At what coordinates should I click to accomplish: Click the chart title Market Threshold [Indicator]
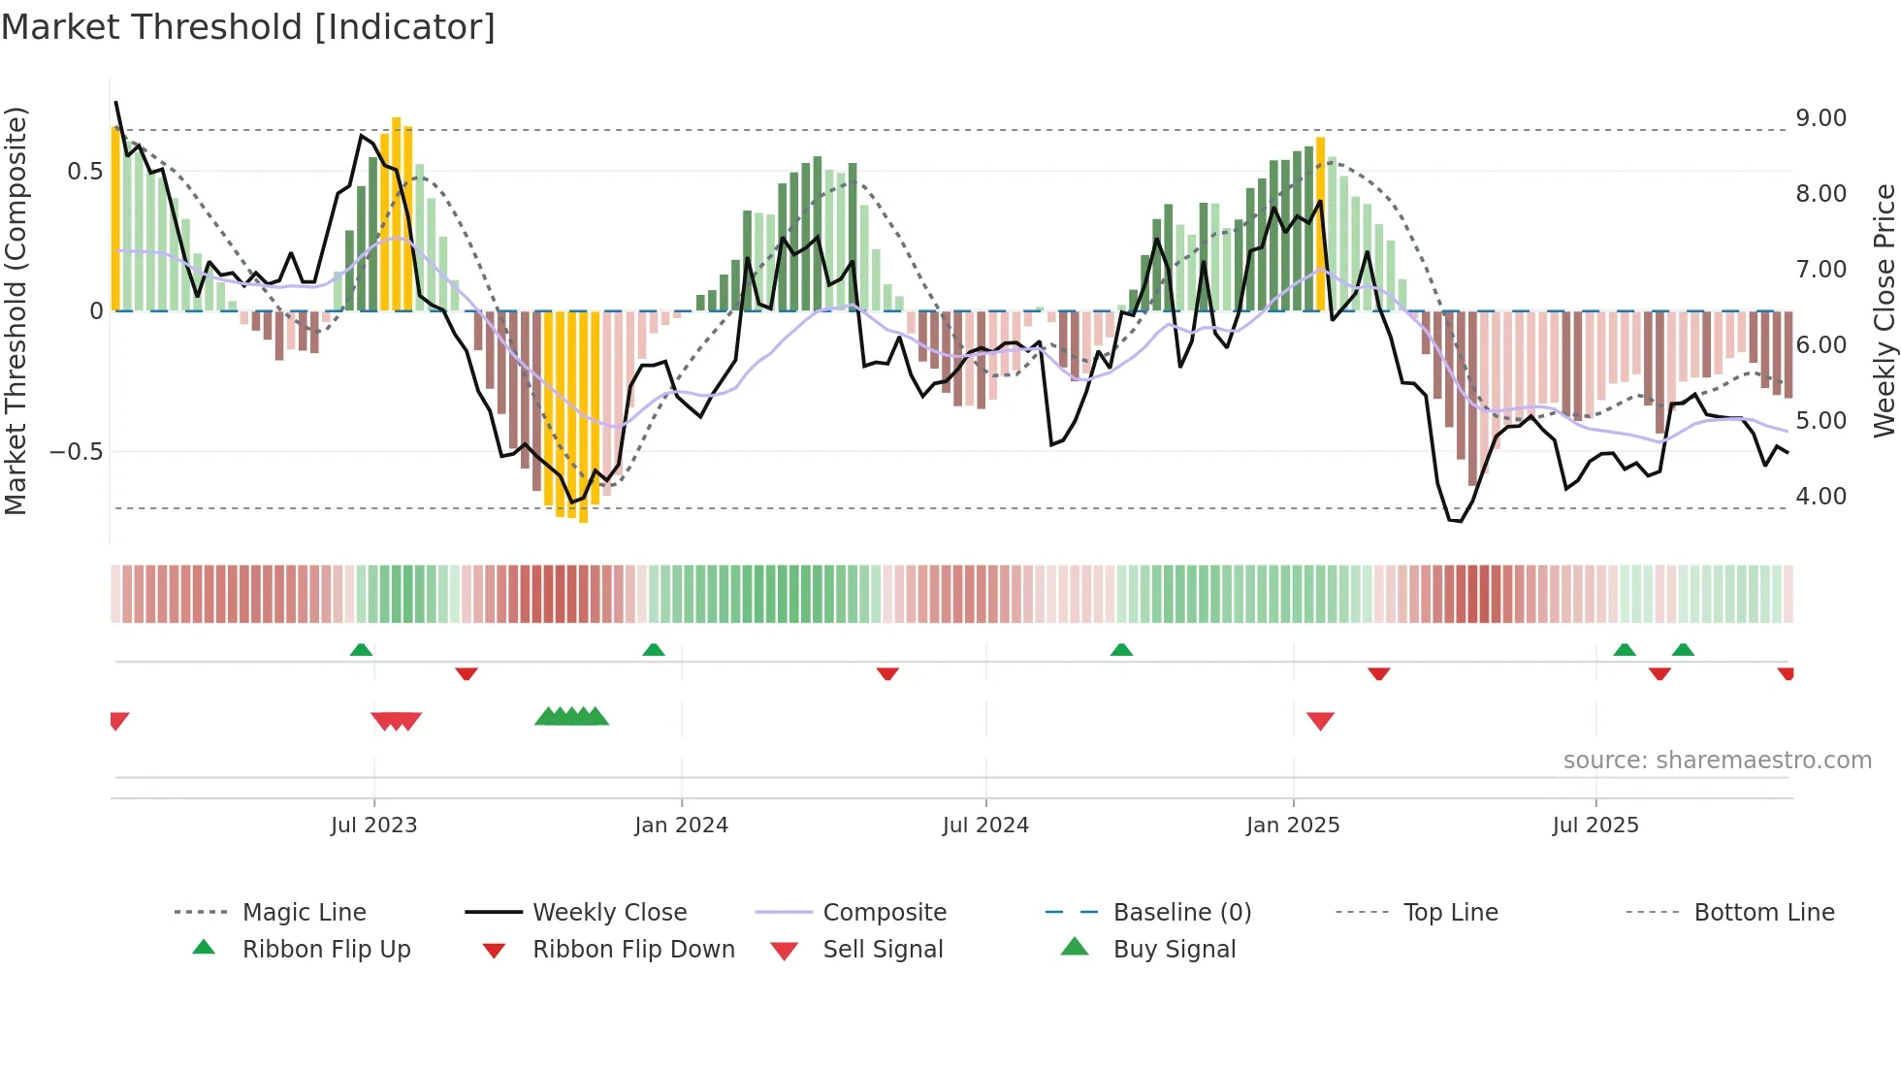[x=248, y=27]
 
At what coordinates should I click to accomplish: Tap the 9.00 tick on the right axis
[x=1820, y=118]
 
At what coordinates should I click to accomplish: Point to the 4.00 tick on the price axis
[x=1820, y=497]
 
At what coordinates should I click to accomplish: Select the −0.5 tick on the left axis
[x=76, y=452]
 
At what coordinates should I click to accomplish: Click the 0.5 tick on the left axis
[x=84, y=172]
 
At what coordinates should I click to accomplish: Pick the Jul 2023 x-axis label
[x=373, y=826]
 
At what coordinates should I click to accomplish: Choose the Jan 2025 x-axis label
[x=1292, y=826]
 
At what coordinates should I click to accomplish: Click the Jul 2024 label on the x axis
[x=984, y=826]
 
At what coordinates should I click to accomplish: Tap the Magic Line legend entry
[x=304, y=913]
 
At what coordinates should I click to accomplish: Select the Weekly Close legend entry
[x=609, y=913]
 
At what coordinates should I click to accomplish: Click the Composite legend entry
[x=884, y=913]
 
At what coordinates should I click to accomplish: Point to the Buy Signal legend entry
[x=1174, y=950]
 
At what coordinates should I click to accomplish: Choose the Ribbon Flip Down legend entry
[x=633, y=950]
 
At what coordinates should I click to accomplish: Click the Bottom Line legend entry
[x=1763, y=913]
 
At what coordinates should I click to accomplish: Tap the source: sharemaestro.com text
[x=1717, y=761]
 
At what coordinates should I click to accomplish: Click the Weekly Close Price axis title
[x=1884, y=310]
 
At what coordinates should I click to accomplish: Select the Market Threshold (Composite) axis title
[x=16, y=310]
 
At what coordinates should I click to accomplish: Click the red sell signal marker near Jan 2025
[x=1320, y=720]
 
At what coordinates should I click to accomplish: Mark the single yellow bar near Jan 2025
[x=1320, y=223]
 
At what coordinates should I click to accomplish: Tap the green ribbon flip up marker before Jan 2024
[x=653, y=650]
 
